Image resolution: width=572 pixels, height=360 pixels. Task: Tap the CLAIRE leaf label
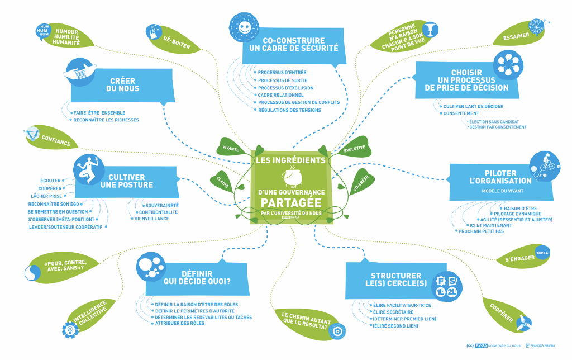coord(221,181)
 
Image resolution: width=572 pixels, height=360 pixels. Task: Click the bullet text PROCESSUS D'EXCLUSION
coord(285,88)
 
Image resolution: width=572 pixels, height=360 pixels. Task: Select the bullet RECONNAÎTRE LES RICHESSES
coord(106,120)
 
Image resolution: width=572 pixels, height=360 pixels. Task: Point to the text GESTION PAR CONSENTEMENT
coord(498,127)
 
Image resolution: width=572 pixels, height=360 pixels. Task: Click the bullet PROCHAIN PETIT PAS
coord(481,231)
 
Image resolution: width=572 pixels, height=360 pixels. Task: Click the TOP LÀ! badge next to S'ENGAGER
coord(541,253)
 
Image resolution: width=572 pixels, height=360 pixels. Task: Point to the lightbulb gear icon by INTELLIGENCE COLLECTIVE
coord(70,330)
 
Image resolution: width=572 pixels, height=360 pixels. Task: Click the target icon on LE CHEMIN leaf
coord(336,331)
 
